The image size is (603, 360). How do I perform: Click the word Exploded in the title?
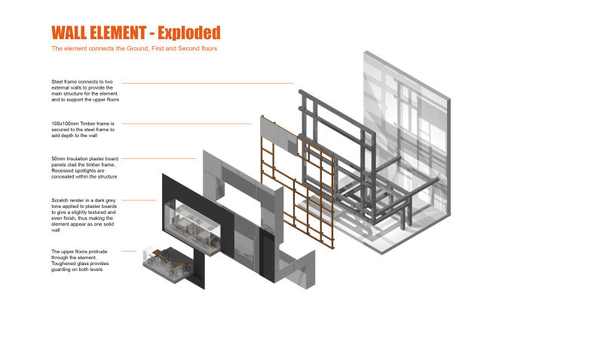tap(189, 33)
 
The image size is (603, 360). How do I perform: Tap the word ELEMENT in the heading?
tap(118, 32)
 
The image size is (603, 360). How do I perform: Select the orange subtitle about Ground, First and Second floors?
tap(135, 48)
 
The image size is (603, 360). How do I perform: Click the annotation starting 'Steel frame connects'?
tap(85, 90)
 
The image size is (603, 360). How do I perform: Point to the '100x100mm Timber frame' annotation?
tap(83, 130)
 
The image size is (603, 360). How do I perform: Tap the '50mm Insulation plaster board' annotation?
tap(85, 167)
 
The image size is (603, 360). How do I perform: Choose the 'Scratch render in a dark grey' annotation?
tap(84, 215)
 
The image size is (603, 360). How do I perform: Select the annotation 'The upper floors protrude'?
tap(80, 261)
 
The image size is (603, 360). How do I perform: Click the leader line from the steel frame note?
tap(208, 83)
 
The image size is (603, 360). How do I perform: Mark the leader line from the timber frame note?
tap(186, 124)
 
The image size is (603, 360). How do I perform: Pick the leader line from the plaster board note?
tap(159, 158)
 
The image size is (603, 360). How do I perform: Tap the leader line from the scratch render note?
tap(139, 200)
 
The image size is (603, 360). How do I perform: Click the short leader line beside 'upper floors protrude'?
tap(129, 252)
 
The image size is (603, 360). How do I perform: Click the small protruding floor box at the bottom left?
tap(169, 265)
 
